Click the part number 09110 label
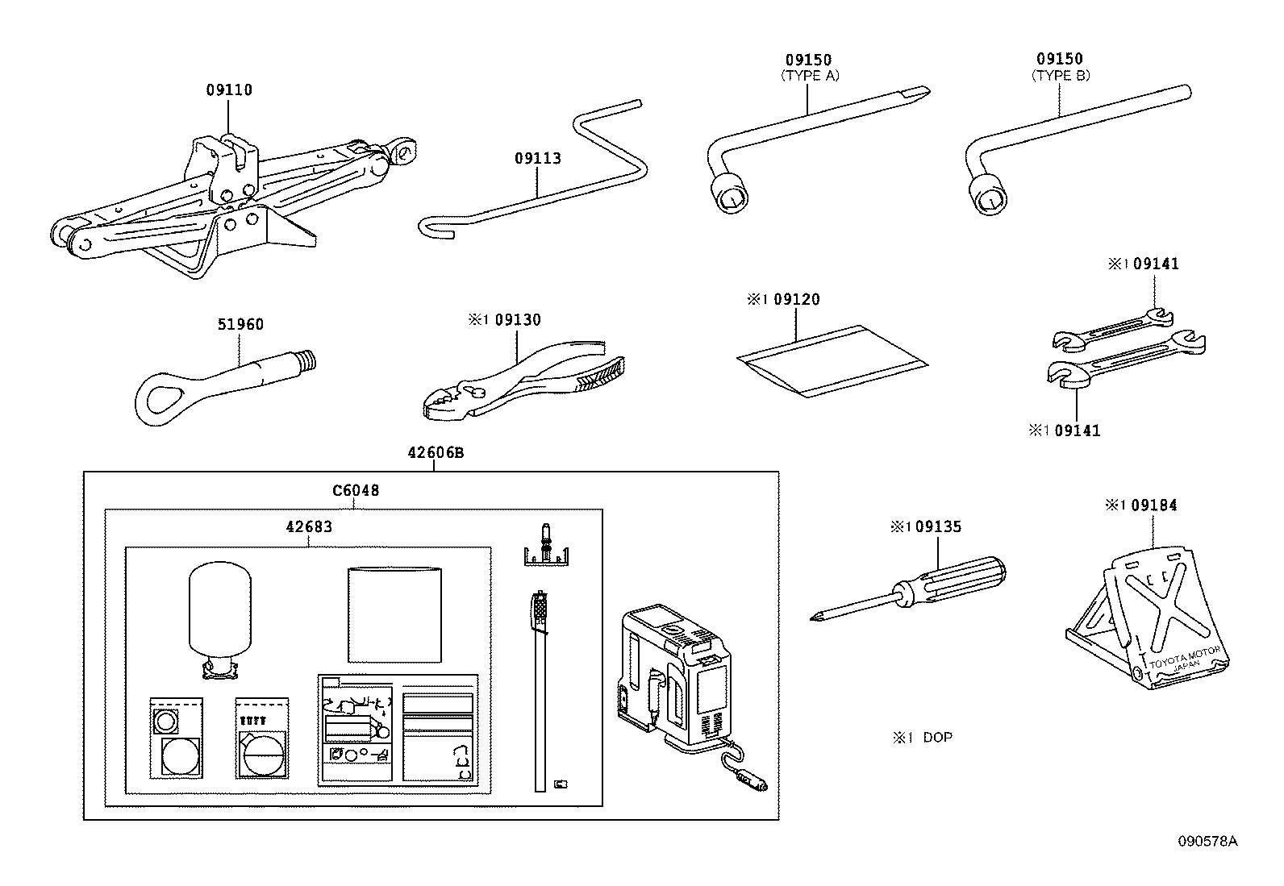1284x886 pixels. pos(228,90)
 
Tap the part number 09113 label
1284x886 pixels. pos(537,159)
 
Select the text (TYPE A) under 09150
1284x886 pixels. pos(809,76)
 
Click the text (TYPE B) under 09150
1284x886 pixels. pos(1060,76)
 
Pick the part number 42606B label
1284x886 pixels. pos(435,453)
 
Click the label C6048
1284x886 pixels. pos(356,490)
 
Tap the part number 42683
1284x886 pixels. pos(309,527)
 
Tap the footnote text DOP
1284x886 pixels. pos(936,738)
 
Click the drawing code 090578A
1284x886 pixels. pos(1207,841)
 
